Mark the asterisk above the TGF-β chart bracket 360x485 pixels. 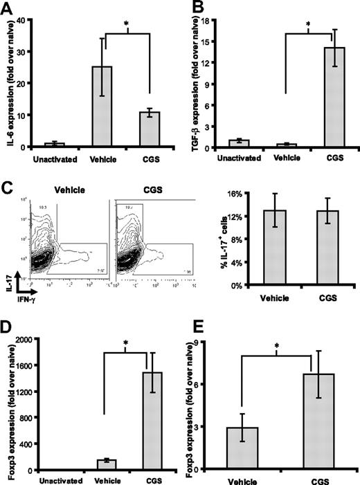coord(307,30)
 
